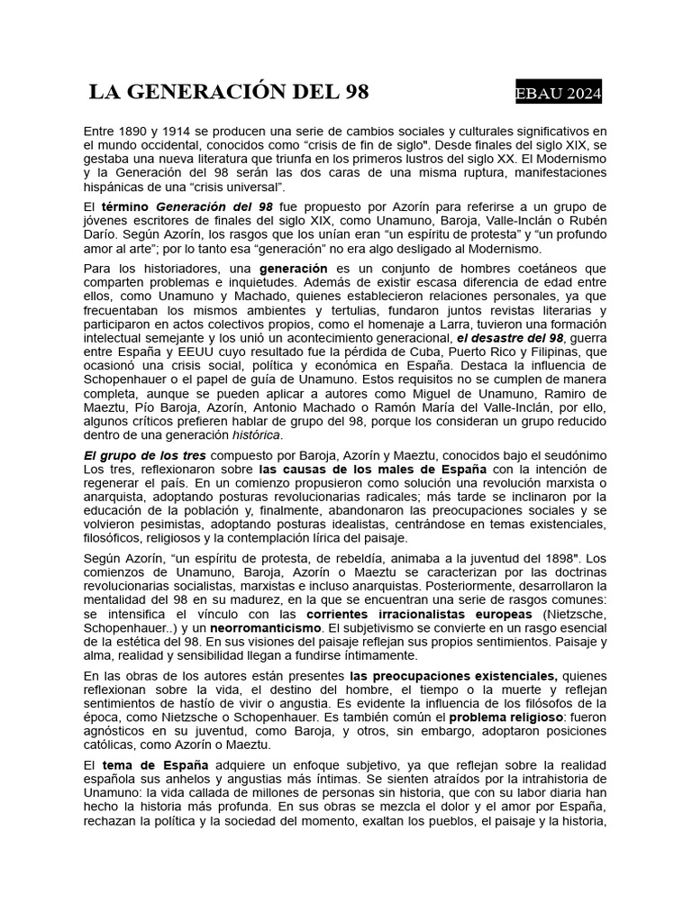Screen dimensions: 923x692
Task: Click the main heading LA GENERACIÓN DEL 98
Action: [x=229, y=92]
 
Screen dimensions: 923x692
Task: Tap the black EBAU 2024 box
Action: [x=558, y=94]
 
